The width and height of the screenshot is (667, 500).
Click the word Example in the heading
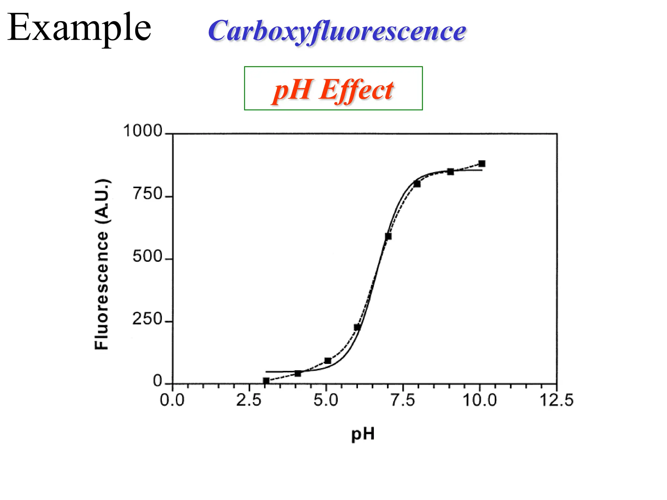pyautogui.click(x=79, y=28)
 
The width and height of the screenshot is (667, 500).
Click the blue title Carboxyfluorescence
pyautogui.click(x=337, y=31)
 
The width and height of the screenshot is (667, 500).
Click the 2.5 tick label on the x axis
pyautogui.click(x=249, y=400)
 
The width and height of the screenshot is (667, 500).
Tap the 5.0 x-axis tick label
pyautogui.click(x=326, y=400)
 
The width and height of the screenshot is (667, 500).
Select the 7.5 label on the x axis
pyautogui.click(x=403, y=400)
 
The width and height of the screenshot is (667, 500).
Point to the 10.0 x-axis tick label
pyautogui.click(x=480, y=400)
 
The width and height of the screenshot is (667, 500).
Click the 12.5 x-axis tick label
pyautogui.click(x=557, y=400)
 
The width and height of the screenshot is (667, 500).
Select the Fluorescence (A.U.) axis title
pyautogui.click(x=101, y=264)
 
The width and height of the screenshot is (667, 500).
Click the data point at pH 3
pyautogui.click(x=266, y=381)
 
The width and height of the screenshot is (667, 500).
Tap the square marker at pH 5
pyautogui.click(x=328, y=361)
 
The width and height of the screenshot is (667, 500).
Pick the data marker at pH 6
pyautogui.click(x=357, y=327)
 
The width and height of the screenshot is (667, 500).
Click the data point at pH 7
pyautogui.click(x=388, y=236)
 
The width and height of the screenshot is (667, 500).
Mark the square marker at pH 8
pyautogui.click(x=417, y=184)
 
